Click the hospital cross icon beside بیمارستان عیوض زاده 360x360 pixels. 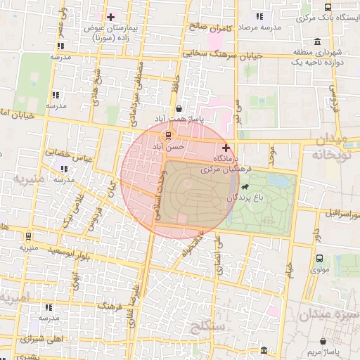[x=110, y=16]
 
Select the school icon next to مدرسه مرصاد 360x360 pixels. [x=259, y=15]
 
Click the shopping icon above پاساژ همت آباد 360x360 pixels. [x=181, y=109]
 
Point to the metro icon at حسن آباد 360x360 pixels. [x=167, y=135]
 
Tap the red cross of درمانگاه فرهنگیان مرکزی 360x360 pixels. [x=226, y=148]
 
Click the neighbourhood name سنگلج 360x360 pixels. [x=207, y=326]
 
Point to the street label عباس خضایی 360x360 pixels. [x=65, y=155]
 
